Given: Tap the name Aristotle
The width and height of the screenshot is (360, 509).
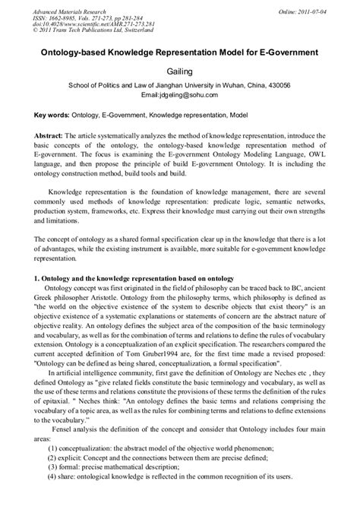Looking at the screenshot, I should click(x=135, y=298).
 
